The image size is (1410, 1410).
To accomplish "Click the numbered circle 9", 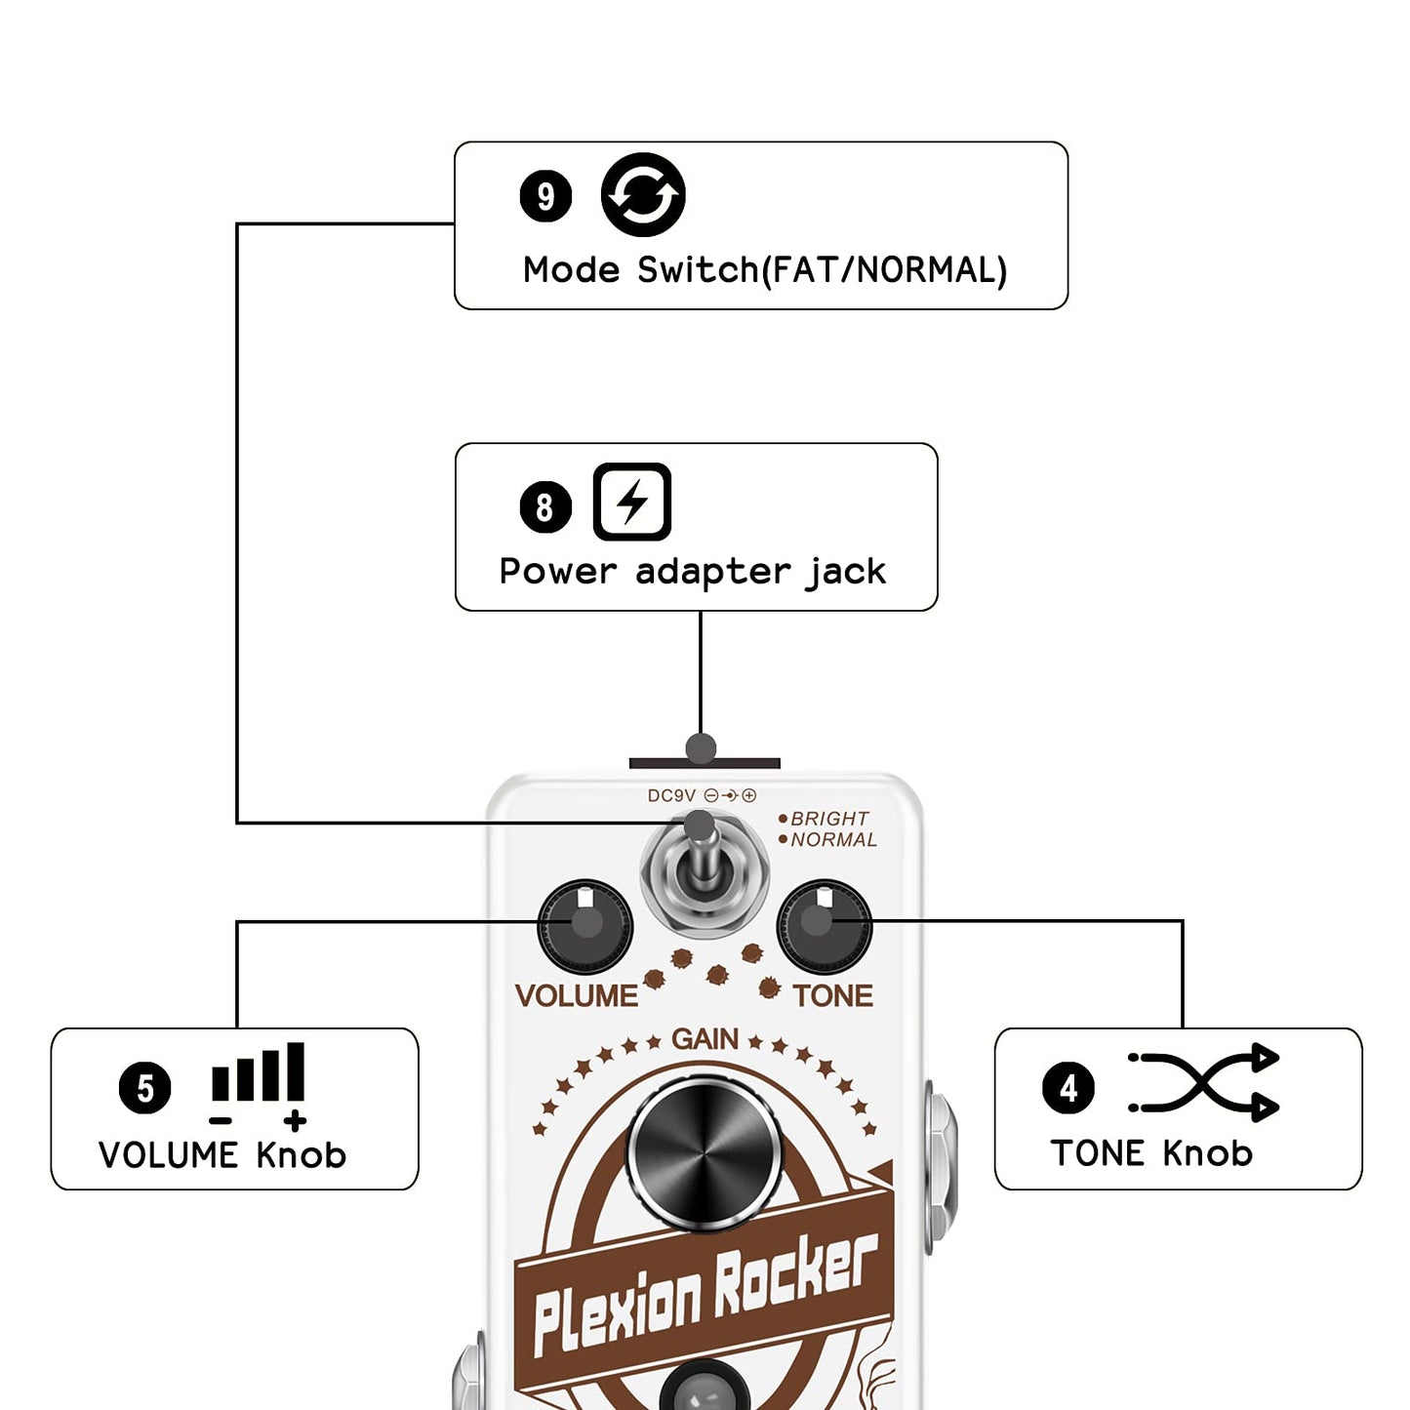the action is coord(545,196).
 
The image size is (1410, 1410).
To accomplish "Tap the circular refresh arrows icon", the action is coord(643,195).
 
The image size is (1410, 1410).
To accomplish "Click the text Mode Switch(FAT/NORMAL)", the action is coord(764,270).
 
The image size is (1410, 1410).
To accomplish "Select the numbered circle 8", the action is coord(545,506).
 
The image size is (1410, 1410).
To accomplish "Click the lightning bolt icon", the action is coord(632,503).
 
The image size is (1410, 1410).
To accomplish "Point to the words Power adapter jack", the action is coord(692,571).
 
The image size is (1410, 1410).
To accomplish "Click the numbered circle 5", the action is coord(144,1088).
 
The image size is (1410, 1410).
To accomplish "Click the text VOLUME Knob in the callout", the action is coord(222,1155).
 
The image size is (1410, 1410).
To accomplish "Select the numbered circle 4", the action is coord(1068,1088).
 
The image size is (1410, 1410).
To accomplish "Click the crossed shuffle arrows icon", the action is coord(1203,1083).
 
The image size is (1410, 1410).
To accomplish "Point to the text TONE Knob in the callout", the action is coord(1151,1153).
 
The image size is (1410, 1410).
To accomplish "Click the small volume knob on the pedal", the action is coord(585,926).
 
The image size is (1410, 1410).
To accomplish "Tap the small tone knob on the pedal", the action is coord(825,926).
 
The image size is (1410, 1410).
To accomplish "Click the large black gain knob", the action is coord(705,1154).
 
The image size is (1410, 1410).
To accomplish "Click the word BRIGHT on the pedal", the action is coord(829,819).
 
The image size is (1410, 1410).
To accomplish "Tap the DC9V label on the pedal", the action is coord(671,796).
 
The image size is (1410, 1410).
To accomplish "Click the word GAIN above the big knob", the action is coord(705,1039).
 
